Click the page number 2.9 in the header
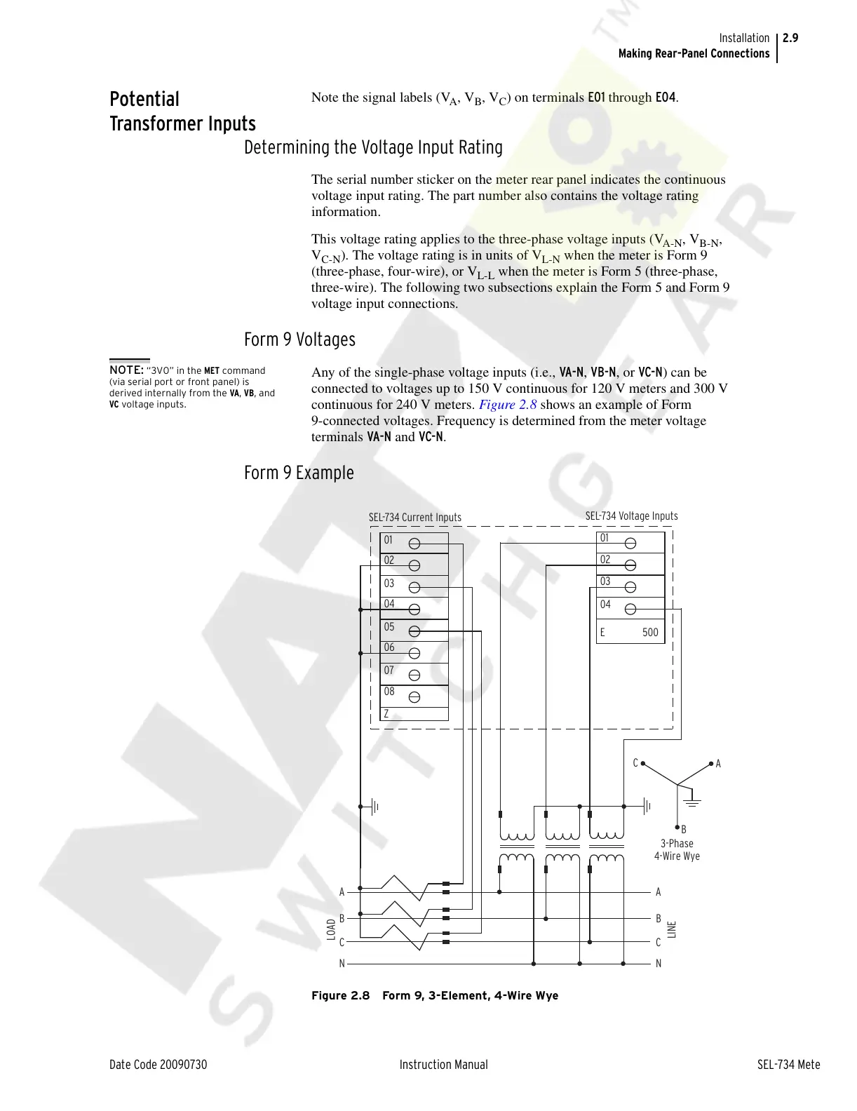point(790,39)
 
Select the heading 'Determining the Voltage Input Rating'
point(373,148)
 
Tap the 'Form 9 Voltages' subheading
point(299,340)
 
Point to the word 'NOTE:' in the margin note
point(126,370)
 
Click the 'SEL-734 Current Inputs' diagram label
point(415,518)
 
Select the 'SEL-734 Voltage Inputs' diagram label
point(631,516)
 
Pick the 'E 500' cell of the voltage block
point(630,633)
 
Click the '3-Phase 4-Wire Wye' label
point(677,849)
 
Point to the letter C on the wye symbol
point(636,763)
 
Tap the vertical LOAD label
point(331,929)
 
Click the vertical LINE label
point(672,929)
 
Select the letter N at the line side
point(659,964)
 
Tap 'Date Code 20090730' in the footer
point(158,1065)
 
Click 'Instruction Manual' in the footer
point(443,1065)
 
